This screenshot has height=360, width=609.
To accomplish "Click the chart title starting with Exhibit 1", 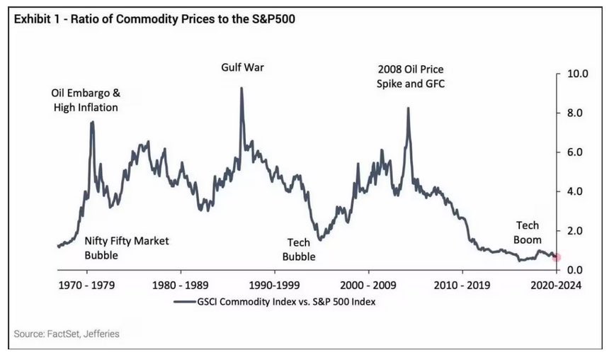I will (x=152, y=19).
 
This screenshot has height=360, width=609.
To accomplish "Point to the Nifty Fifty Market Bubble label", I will (x=127, y=248).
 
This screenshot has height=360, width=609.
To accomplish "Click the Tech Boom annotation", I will (x=527, y=232).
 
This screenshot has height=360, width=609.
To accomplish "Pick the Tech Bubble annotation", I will (x=298, y=249).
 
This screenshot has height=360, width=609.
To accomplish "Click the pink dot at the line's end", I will (x=557, y=257).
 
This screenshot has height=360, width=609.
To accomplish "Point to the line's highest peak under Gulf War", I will (x=241, y=89).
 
